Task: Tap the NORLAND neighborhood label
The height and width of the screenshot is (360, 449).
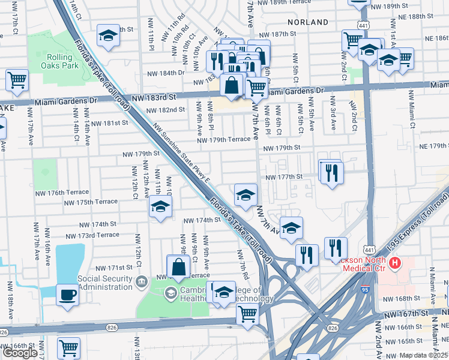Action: coord(308,22)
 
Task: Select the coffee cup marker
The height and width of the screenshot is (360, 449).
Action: coord(67,295)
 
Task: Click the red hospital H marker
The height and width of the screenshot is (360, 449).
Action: coord(394,263)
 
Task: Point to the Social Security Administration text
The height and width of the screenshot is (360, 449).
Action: coord(105,283)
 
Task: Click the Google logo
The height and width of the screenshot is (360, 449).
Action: coord(20,353)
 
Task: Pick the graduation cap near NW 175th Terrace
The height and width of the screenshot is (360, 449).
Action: coord(160,208)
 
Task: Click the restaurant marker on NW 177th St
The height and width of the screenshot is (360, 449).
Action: coord(331,173)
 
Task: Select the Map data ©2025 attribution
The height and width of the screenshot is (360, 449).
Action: coord(424,355)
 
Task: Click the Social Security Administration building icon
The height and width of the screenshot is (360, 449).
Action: coord(142,281)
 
